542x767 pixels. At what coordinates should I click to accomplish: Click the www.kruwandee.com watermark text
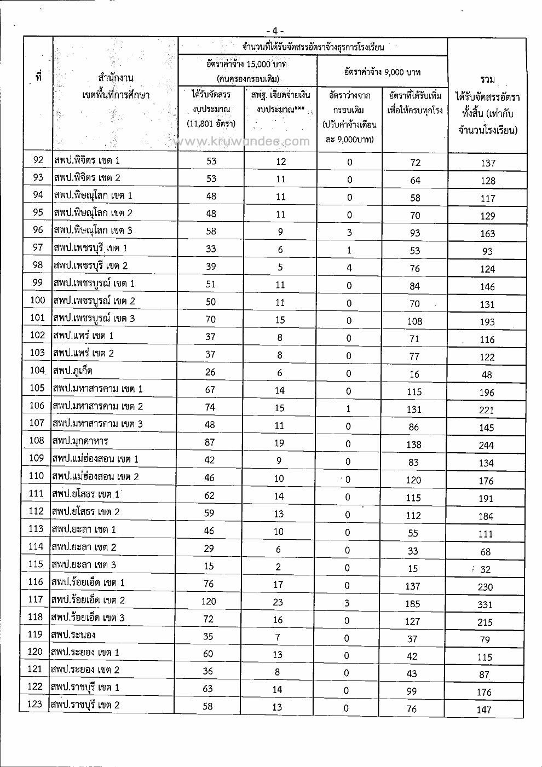(x=241, y=142)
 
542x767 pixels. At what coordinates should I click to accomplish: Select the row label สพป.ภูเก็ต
(x=73, y=371)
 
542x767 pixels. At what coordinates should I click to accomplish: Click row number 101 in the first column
(x=37, y=318)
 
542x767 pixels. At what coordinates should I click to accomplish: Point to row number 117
(x=36, y=600)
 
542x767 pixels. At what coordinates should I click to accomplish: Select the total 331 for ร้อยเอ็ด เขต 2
(x=485, y=605)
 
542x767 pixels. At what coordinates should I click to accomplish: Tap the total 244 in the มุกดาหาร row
(x=486, y=446)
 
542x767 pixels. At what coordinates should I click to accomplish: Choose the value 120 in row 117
(x=209, y=602)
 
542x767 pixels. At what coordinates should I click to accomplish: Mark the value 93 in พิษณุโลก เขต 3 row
(x=415, y=233)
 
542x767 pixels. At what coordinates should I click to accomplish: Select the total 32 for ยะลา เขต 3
(x=486, y=569)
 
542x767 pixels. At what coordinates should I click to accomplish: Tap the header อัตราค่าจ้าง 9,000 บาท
(x=382, y=72)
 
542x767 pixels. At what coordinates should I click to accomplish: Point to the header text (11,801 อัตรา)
(x=211, y=124)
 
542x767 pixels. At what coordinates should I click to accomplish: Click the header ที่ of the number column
(x=38, y=78)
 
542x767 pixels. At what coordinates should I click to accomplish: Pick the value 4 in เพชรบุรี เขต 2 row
(x=349, y=268)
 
